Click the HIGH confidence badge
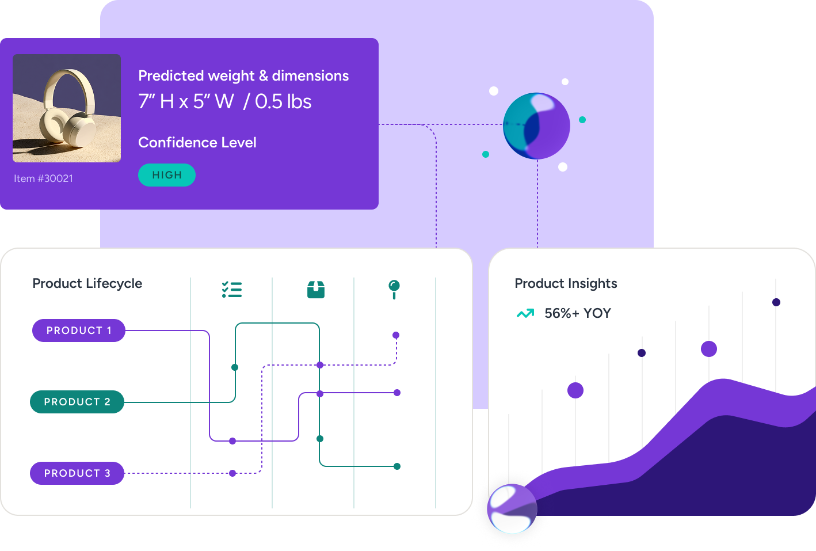click(x=167, y=175)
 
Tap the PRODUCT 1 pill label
click(x=79, y=330)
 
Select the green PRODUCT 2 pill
click(x=77, y=402)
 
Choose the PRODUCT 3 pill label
click(x=77, y=473)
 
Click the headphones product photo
click(x=67, y=108)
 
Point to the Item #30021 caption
click(x=44, y=178)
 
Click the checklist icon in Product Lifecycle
click(x=232, y=289)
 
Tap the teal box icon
click(x=316, y=289)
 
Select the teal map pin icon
click(x=394, y=288)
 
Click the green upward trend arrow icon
click(x=525, y=314)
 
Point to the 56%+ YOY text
click(x=578, y=313)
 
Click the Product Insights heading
click(x=566, y=283)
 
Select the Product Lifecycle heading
click(x=87, y=283)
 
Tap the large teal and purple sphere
click(x=536, y=126)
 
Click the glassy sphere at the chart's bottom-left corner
click(x=512, y=508)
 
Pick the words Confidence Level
click(x=197, y=142)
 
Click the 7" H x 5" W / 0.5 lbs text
click(x=225, y=102)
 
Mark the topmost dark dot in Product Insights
click(x=776, y=302)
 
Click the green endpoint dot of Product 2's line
click(x=397, y=466)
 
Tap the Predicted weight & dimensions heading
click(x=243, y=75)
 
